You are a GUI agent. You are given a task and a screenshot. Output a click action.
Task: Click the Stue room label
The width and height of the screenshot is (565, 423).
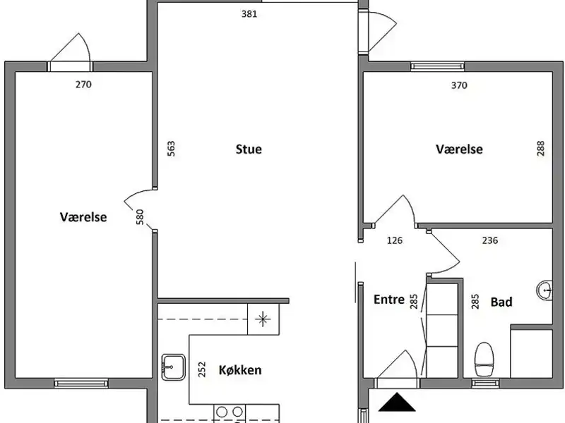point(249,149)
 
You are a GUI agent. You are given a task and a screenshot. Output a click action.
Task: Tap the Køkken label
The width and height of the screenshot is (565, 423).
point(240,370)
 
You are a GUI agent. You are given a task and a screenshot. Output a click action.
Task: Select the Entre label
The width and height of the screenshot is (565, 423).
point(389,300)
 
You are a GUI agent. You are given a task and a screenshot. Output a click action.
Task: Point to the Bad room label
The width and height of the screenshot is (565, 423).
point(501,302)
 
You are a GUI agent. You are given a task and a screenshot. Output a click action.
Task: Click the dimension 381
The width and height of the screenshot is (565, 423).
point(249,14)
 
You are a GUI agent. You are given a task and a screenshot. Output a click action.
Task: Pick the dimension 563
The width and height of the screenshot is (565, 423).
point(171,149)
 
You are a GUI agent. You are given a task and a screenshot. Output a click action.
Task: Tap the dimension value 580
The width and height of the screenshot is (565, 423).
point(140,217)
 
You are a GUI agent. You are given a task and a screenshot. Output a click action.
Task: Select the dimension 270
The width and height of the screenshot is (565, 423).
point(83,85)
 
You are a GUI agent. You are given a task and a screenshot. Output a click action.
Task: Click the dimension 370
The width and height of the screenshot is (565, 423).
point(459,85)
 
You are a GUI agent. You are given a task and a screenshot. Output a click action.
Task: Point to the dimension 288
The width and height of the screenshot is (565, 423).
point(540,148)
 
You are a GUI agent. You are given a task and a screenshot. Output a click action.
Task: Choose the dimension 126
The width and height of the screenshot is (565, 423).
point(395,240)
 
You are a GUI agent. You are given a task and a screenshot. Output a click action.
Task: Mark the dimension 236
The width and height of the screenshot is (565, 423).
point(490,240)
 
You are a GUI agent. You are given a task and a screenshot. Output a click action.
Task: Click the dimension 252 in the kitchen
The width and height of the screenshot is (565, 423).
point(202,369)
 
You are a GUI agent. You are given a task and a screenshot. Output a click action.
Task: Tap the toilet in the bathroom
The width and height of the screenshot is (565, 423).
point(484,359)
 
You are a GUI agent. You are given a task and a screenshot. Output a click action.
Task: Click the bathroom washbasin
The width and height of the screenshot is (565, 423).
point(545,290)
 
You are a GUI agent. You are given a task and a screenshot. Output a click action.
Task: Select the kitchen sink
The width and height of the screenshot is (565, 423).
point(173,367)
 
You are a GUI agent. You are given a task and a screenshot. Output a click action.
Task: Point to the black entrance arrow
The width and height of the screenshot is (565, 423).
point(397,402)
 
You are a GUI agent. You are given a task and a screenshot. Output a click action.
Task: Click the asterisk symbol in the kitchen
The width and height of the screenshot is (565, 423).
point(263,319)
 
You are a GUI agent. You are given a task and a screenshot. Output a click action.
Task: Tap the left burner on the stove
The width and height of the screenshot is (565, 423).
point(222,412)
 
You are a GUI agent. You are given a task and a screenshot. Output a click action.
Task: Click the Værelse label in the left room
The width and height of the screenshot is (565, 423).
point(83,217)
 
